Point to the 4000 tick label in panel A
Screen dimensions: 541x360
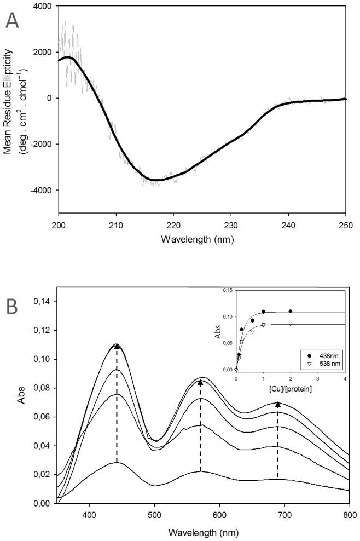click(x=44, y=7)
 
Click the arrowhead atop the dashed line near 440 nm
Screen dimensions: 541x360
click(x=117, y=346)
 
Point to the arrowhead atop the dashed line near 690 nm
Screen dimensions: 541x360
click(x=278, y=405)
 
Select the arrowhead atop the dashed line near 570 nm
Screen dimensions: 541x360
click(x=200, y=383)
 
